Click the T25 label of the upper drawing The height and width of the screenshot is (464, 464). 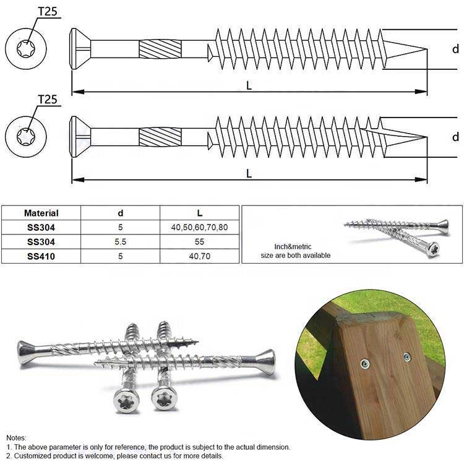[48, 11]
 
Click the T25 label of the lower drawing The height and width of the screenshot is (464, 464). [48, 99]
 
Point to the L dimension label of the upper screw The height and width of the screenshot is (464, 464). [249, 86]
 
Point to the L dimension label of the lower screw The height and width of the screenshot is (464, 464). [249, 174]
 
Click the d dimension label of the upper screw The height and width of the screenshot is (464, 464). [455, 49]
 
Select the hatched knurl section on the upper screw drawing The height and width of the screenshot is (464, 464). [160, 49]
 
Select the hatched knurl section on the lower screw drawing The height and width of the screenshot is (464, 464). [160, 137]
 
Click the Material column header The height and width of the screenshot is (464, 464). [41, 213]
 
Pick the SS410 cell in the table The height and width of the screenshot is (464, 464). [41, 256]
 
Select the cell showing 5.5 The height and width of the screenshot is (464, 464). [121, 241]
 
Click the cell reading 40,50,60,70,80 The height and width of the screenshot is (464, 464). [199, 227]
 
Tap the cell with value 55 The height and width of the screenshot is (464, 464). [199, 241]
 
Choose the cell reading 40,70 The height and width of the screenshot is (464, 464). [199, 256]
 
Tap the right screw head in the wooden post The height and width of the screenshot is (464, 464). [407, 356]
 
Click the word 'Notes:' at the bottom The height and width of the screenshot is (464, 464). [17, 437]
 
